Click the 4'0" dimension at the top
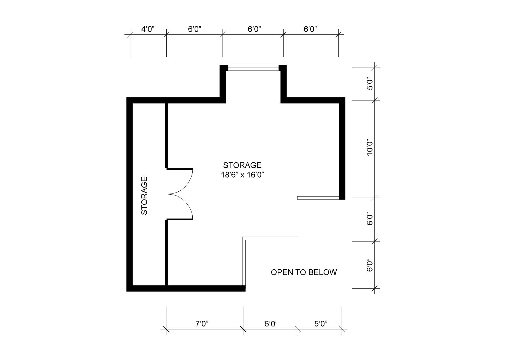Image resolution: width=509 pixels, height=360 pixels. tap(148, 29)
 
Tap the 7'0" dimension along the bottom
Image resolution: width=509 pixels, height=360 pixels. tap(202, 323)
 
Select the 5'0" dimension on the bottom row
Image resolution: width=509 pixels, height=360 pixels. tap(321, 323)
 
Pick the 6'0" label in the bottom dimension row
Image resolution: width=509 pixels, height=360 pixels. tap(271, 323)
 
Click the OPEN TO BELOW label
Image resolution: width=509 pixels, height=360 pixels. tap(304, 272)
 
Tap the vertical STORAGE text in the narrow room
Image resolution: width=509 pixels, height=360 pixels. tap(145, 196)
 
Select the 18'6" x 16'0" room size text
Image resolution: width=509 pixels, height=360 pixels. tap(242, 175)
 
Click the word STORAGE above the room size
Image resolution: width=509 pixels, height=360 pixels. tap(242, 165)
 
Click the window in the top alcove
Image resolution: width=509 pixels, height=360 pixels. tap(253, 68)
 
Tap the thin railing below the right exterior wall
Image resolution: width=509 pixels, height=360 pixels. tap(318, 198)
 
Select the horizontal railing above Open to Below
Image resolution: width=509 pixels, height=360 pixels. tap(271, 238)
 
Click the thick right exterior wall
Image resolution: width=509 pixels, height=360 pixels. tap(342, 149)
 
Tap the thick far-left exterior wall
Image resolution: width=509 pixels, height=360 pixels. tap(129, 195)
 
